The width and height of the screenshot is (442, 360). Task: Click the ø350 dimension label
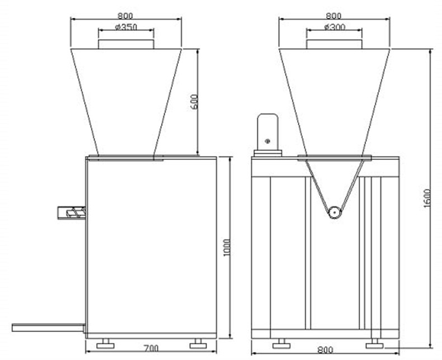(x=126, y=27)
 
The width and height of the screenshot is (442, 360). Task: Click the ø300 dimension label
(x=335, y=27)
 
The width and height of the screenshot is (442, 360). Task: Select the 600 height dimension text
(x=194, y=102)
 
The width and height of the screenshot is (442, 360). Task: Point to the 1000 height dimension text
(x=227, y=247)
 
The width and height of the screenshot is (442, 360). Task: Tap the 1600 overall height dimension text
(x=427, y=198)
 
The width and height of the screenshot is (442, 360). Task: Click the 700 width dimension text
(x=151, y=348)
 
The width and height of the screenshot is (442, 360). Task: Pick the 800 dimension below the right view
(x=325, y=350)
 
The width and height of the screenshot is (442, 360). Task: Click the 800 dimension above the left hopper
(x=125, y=16)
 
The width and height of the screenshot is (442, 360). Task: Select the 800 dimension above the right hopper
(x=333, y=16)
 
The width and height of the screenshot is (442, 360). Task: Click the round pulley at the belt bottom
(x=335, y=212)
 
